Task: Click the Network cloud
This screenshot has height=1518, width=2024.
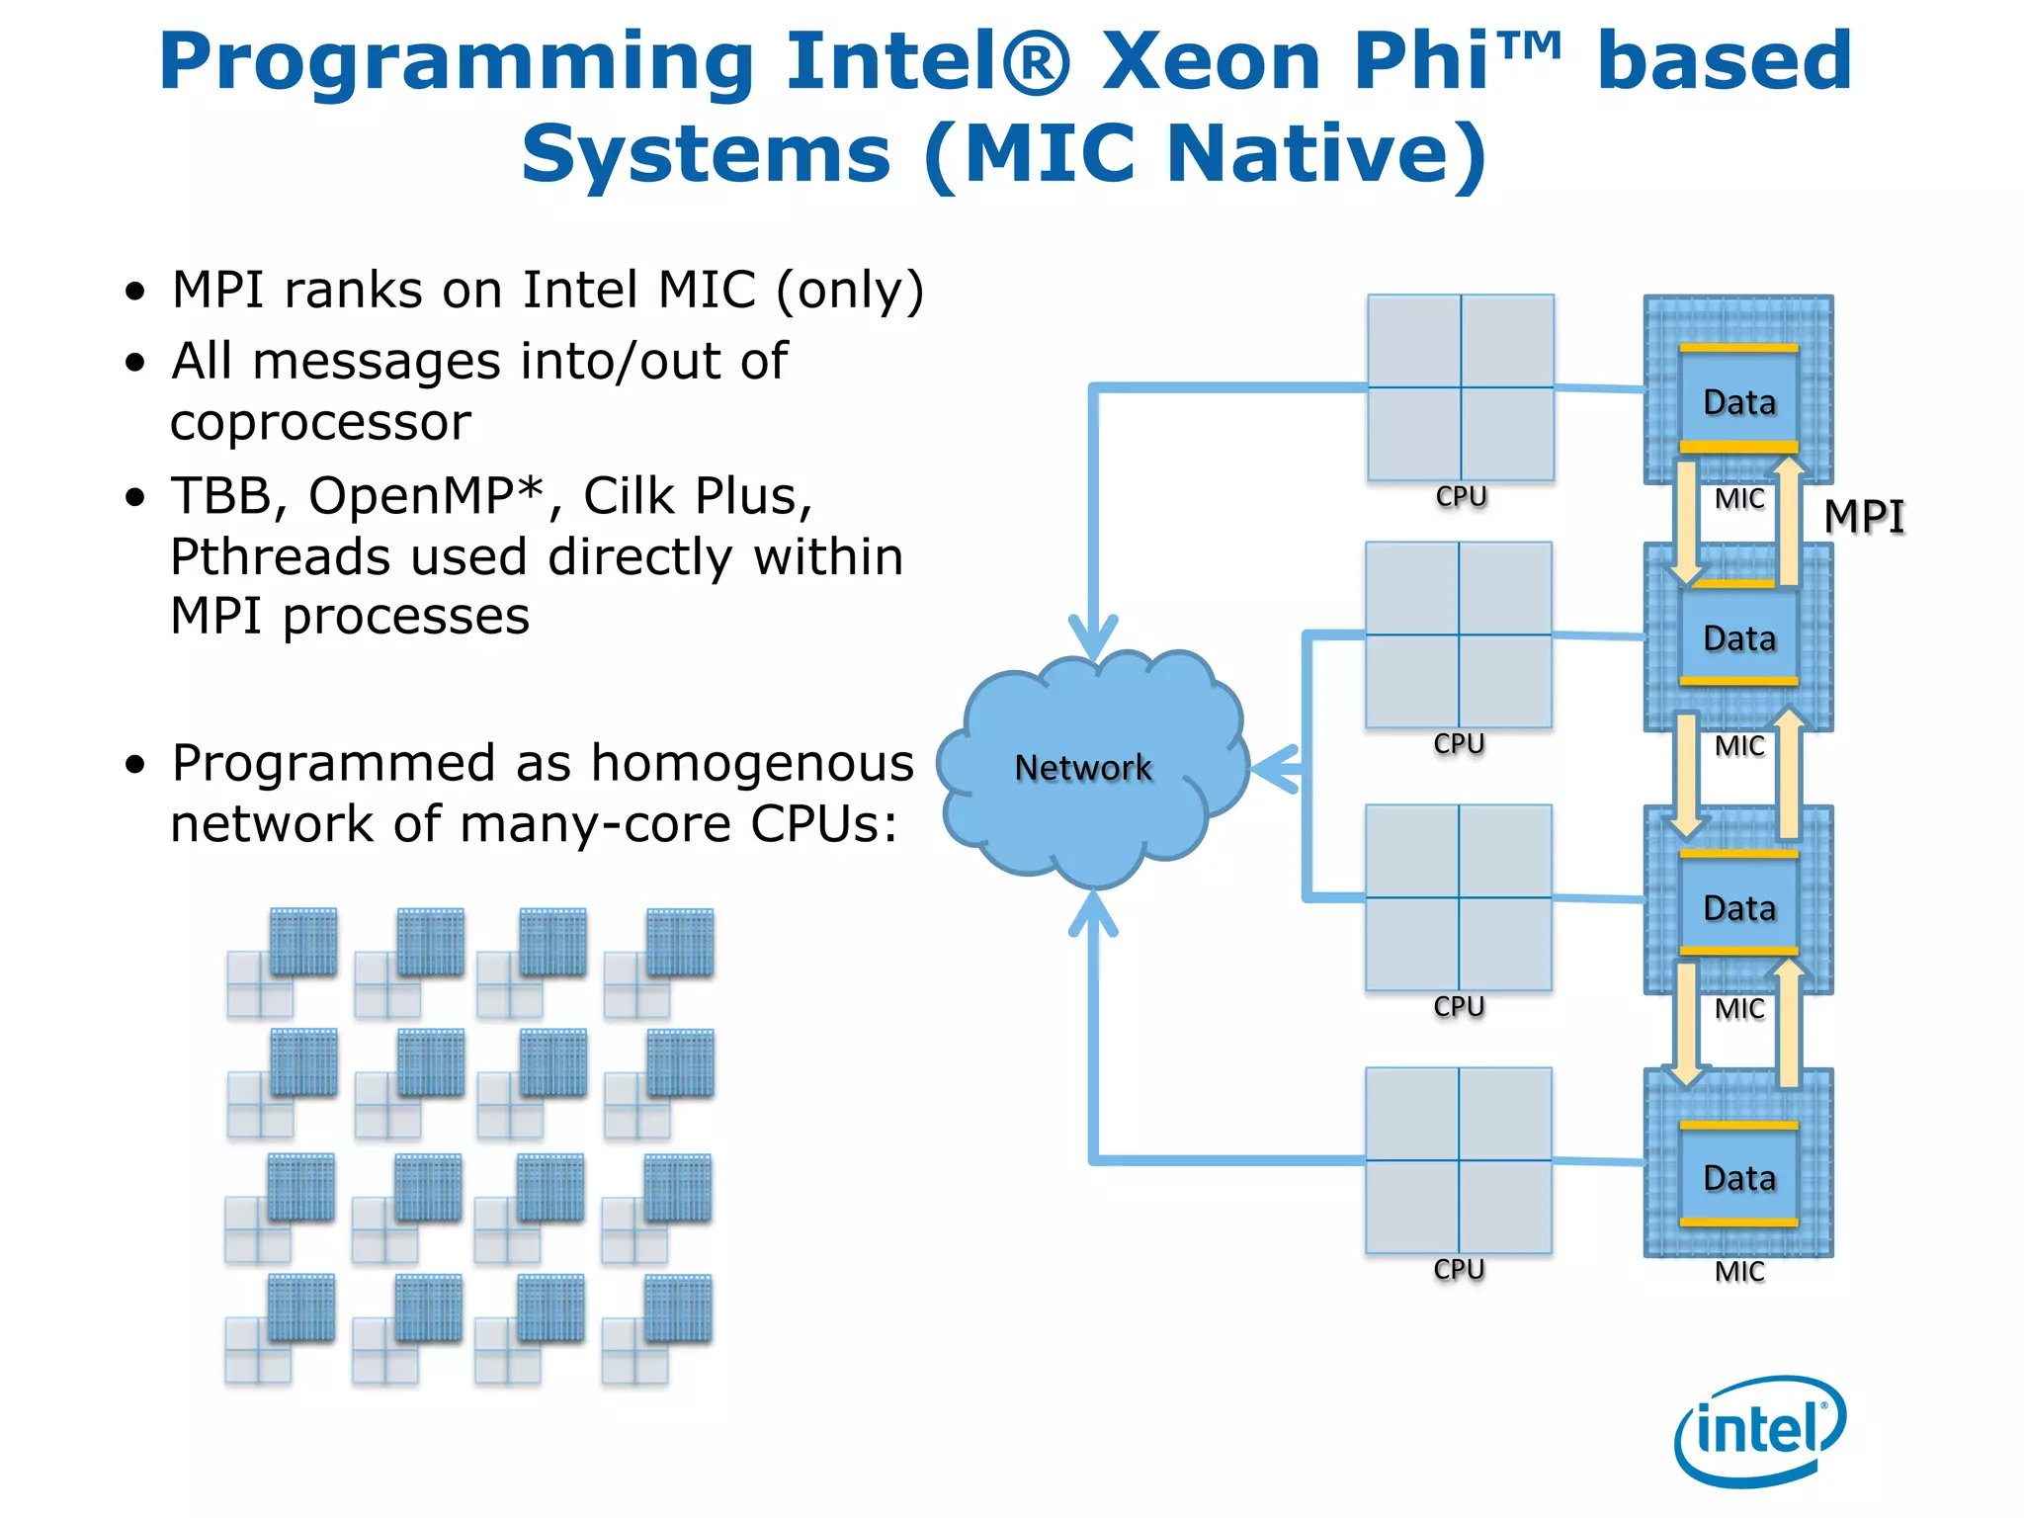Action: click(x=1087, y=769)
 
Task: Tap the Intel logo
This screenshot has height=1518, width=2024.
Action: click(x=1759, y=1430)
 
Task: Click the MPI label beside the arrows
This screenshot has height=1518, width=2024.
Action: click(x=1863, y=517)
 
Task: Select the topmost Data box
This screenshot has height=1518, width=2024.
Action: click(x=1738, y=400)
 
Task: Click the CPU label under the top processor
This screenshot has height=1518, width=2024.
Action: click(x=1461, y=496)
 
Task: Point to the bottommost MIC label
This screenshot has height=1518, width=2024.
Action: click(x=1738, y=1271)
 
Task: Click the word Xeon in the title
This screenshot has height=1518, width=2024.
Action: click(x=1211, y=61)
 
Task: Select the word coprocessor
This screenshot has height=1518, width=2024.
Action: click(x=320, y=423)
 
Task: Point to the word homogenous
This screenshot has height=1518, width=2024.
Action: click(x=752, y=763)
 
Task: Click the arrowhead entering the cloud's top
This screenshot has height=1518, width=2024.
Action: click(x=1093, y=638)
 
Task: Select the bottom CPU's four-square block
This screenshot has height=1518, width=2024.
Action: click(x=1459, y=1160)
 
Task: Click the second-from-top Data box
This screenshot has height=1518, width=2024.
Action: click(x=1738, y=637)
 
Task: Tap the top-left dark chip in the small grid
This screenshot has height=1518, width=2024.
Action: click(x=303, y=941)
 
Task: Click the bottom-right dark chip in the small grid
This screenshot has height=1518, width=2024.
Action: click(x=677, y=1307)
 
